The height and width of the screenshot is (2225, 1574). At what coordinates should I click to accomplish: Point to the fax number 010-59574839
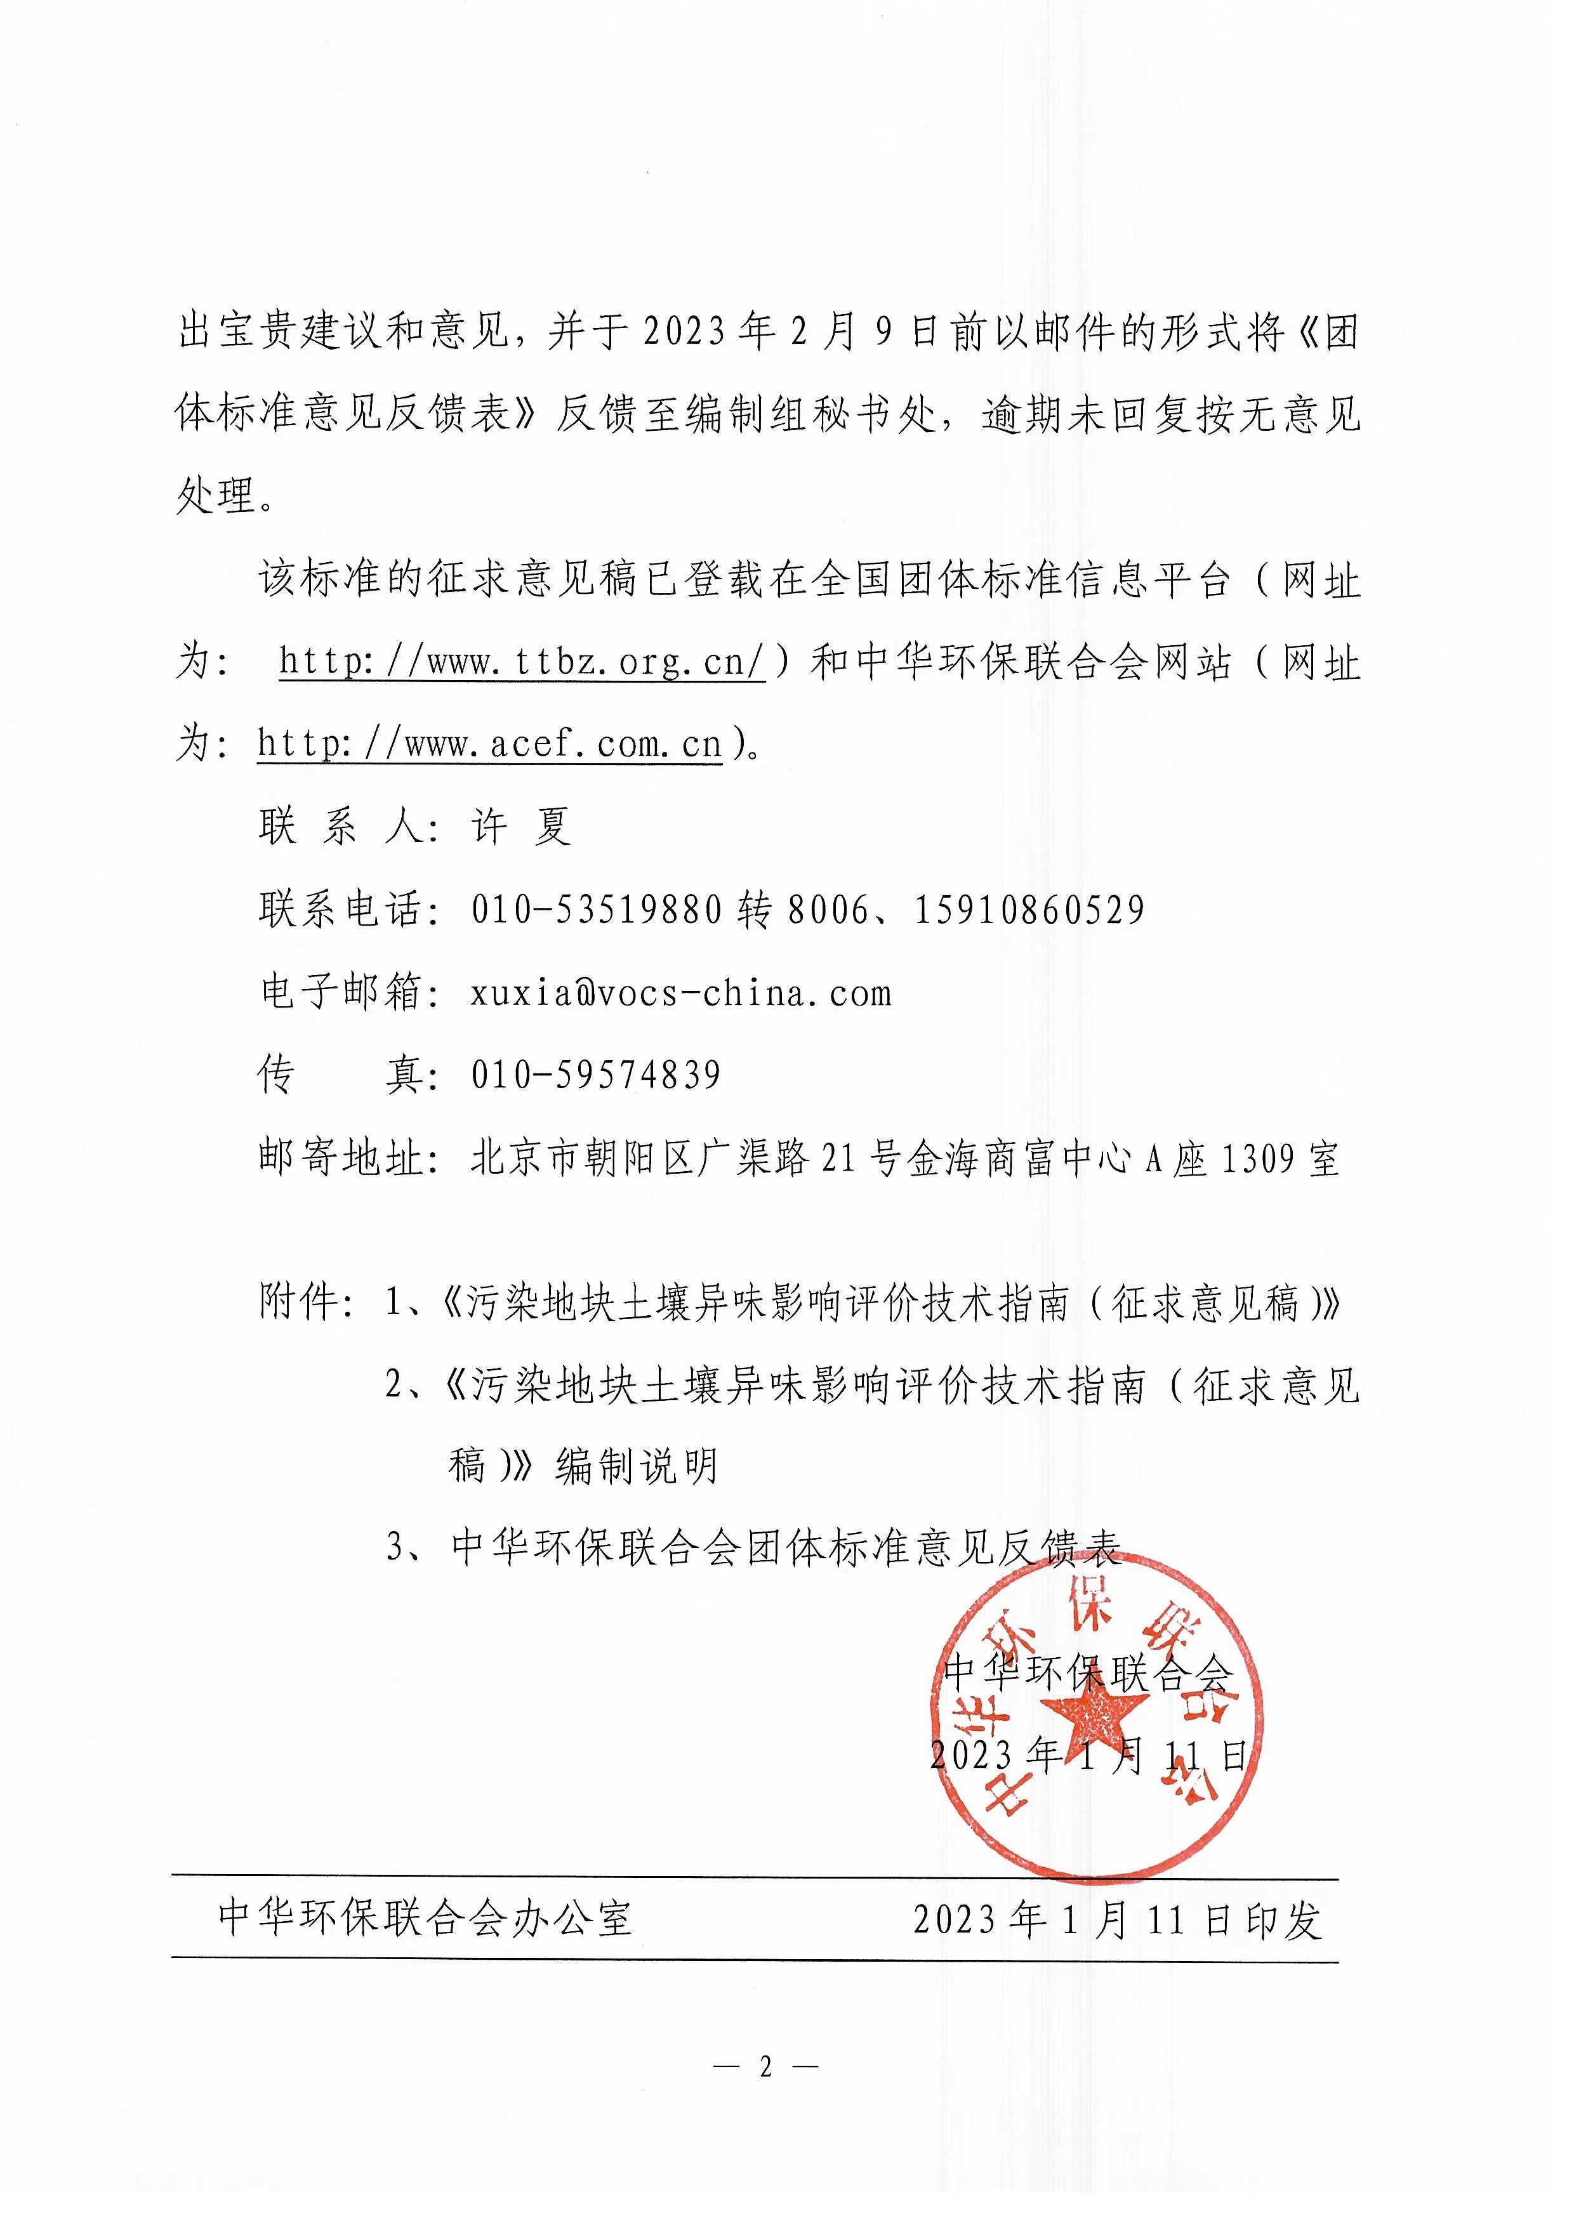click(x=596, y=1075)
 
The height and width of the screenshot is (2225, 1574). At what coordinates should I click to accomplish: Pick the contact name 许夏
click(x=522, y=827)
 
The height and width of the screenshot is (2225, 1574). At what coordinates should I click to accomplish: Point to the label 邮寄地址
click(x=341, y=1158)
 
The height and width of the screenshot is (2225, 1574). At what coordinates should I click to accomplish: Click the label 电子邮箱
click(x=341, y=994)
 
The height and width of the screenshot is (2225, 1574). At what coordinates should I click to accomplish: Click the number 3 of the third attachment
click(x=397, y=1547)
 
